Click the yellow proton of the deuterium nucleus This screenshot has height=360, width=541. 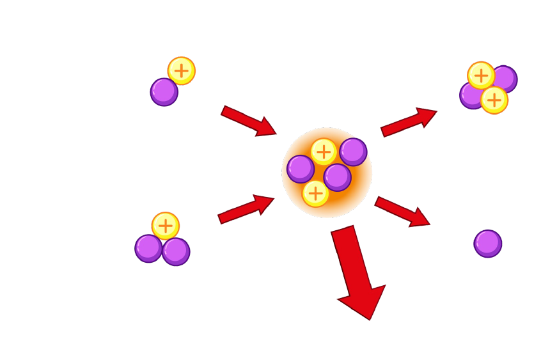tap(182, 70)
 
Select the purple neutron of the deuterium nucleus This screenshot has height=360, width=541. tap(164, 91)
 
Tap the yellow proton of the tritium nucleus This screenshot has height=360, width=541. tap(165, 225)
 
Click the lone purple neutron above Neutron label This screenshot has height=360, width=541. tap(488, 244)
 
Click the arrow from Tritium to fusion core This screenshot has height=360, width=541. tap(246, 209)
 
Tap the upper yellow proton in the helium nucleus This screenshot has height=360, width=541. tap(481, 75)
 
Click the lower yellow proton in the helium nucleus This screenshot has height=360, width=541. tap(494, 100)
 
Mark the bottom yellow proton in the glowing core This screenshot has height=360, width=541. tap(315, 193)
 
